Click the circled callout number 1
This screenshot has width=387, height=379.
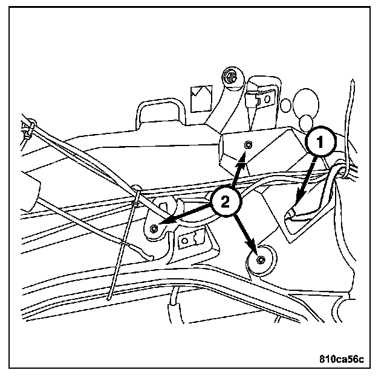320,143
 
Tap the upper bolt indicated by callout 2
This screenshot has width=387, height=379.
248,145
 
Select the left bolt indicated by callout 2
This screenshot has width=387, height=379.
155,228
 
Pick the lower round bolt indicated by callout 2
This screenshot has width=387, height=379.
260,260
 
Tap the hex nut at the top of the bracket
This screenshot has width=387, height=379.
229,77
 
